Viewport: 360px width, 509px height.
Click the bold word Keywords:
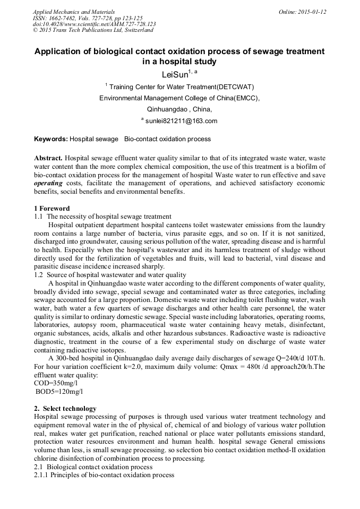tap(51, 139)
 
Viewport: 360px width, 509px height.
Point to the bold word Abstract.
tap(49, 159)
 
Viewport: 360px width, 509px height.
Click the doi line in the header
tap(94, 24)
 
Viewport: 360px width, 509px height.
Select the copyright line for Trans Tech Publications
tap(93, 30)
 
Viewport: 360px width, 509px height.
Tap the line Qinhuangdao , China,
tap(179, 109)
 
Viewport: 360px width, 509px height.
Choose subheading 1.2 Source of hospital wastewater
tap(110, 275)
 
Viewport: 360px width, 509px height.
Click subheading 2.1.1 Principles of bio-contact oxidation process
tap(104, 475)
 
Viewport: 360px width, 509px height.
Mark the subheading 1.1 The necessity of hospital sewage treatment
tap(102, 217)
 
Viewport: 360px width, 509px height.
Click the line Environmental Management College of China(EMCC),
tap(179, 98)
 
